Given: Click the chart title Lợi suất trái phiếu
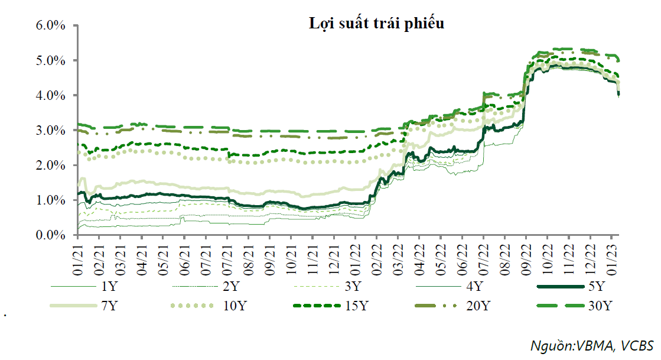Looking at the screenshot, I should pos(377,24).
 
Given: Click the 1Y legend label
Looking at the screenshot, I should pos(109,288).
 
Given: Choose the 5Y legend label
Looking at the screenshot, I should pos(597,288).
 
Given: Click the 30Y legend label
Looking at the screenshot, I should pos(601,306).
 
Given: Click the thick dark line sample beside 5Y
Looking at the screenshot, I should pos(561,288).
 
